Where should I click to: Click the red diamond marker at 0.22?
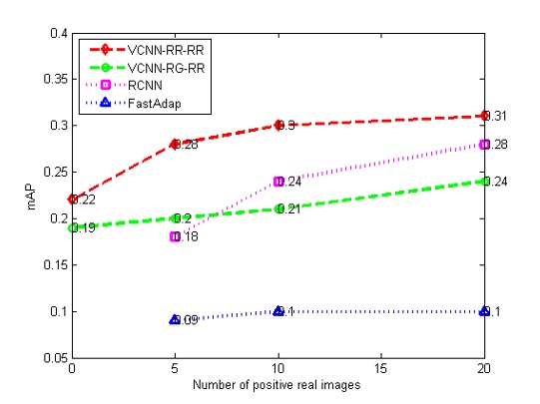(x=72, y=200)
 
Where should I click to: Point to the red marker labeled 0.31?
(x=484, y=116)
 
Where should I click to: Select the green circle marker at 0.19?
(x=72, y=227)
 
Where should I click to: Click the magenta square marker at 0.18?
(x=175, y=236)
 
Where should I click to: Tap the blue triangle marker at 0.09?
(x=175, y=319)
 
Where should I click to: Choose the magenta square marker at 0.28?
(x=484, y=144)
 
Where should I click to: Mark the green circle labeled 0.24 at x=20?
(x=484, y=181)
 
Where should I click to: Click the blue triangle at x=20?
(x=484, y=311)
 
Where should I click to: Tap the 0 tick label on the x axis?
(x=72, y=369)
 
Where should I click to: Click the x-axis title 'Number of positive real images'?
(x=277, y=385)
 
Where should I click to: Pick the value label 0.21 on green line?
(x=289, y=208)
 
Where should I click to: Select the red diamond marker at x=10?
(x=278, y=125)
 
